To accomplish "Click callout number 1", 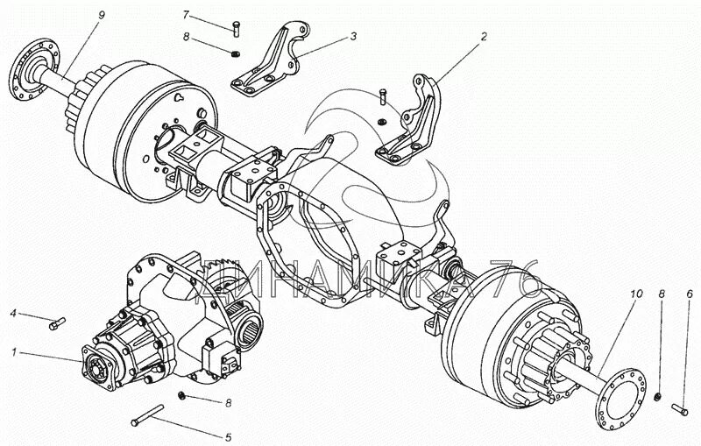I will click(x=13, y=352).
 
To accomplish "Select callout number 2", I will click(x=483, y=39).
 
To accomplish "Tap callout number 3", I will click(x=353, y=37).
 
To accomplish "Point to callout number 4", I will click(x=13, y=313).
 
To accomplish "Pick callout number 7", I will click(x=186, y=15).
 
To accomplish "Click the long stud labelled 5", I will click(x=148, y=418).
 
